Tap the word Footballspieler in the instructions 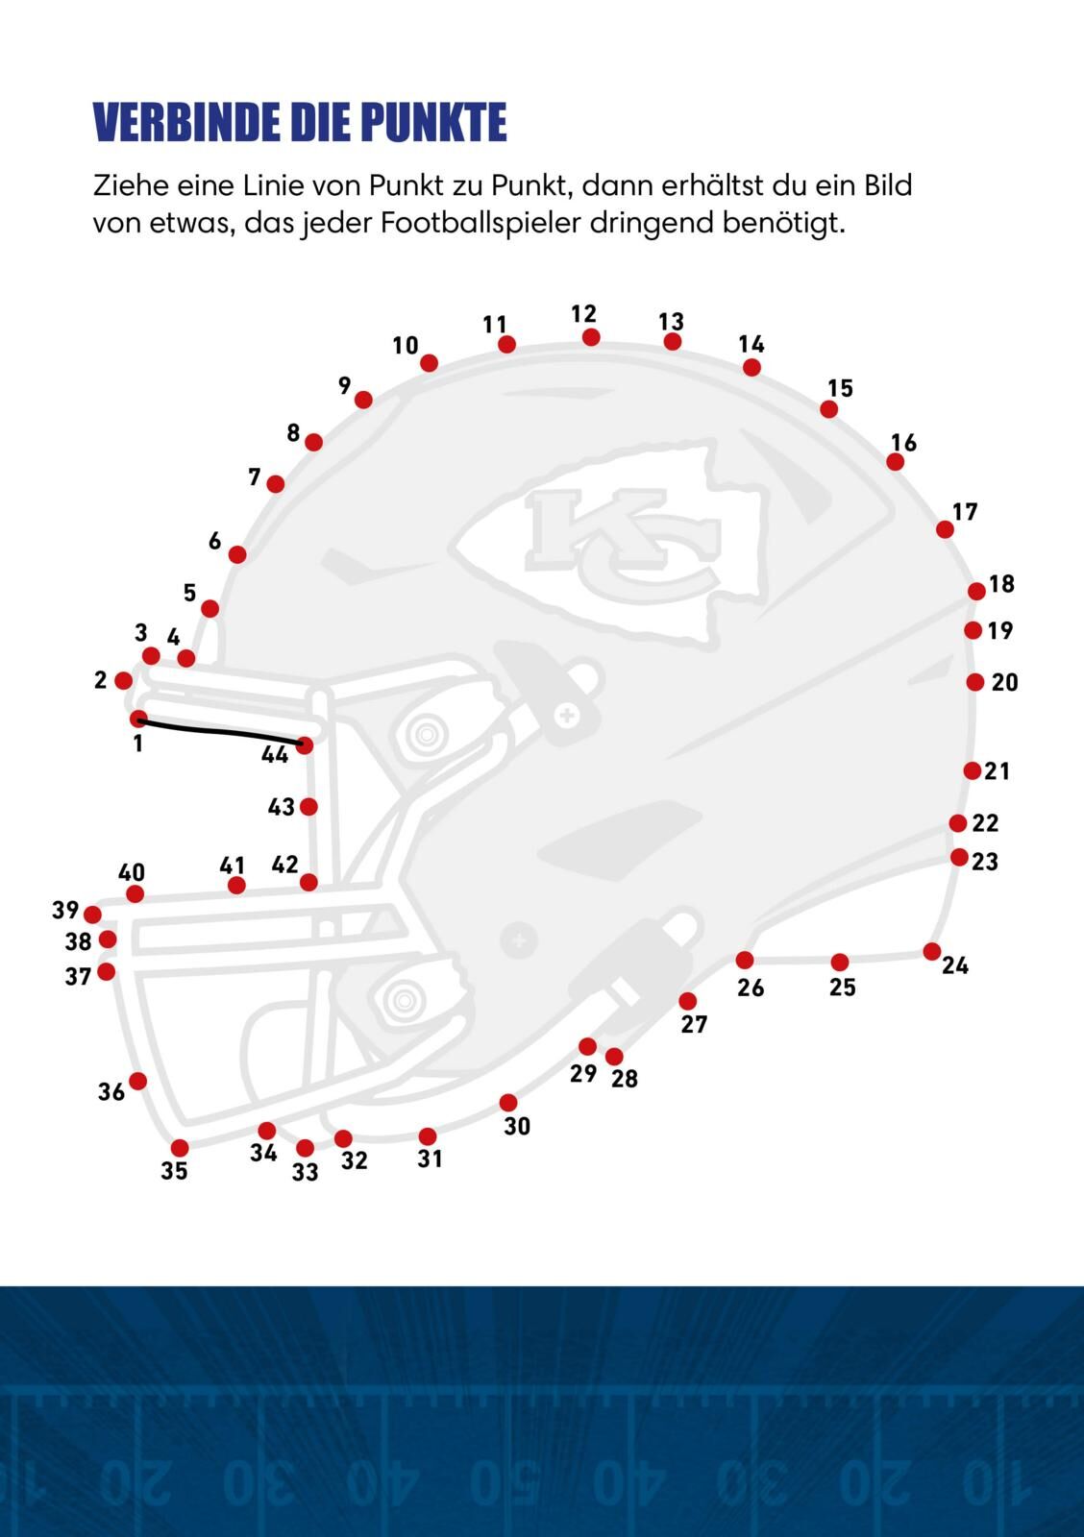481,224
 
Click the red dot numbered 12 591,337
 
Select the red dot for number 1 138,719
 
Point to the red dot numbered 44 305,744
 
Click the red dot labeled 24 931,952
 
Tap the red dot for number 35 180,1148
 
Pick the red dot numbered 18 976,591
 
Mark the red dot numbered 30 508,1103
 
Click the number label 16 903,443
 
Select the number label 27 694,1025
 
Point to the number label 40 132,872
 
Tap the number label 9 345,385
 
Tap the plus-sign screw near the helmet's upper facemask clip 567,715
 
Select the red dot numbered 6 237,554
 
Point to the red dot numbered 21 973,770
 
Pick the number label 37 78,977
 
